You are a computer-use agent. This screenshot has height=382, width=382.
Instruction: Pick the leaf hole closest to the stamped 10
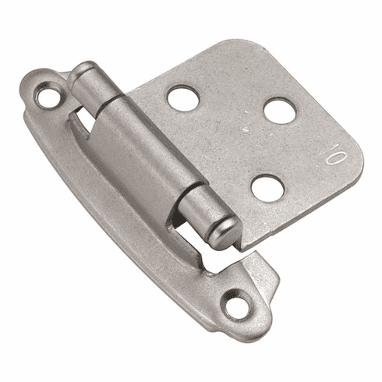tap(279, 111)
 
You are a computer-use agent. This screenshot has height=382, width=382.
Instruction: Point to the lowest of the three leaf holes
tap(267, 187)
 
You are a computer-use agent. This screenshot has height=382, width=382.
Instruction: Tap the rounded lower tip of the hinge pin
tap(224, 231)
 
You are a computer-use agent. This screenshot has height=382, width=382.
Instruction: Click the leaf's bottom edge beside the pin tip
tap(257, 238)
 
